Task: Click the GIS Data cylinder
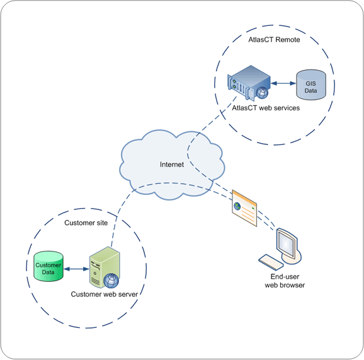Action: tap(311, 85)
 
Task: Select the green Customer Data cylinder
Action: tap(48, 266)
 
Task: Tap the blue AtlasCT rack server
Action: tap(249, 83)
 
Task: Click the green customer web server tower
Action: tap(105, 267)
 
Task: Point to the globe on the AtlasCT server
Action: tap(263, 93)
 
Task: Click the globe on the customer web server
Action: tap(111, 281)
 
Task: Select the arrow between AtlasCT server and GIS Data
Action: tap(283, 83)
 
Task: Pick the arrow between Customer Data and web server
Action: tap(76, 269)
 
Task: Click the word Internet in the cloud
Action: tap(172, 165)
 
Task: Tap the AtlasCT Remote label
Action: tap(274, 40)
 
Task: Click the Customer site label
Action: tap(86, 223)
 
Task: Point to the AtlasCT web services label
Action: tap(266, 108)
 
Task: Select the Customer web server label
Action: tap(105, 294)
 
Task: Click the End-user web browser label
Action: tap(285, 281)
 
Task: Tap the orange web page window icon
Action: tap(244, 208)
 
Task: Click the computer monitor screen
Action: tap(287, 244)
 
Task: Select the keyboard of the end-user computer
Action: tap(271, 262)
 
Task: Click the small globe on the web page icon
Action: tap(237, 206)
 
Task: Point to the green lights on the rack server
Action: tap(234, 84)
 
